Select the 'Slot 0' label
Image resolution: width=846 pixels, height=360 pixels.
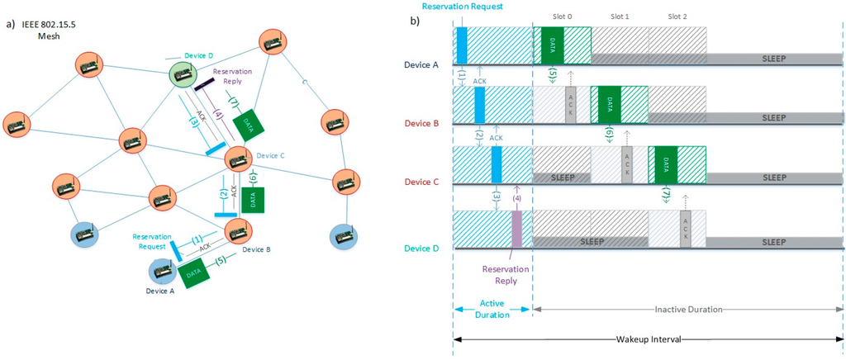coord(563,17)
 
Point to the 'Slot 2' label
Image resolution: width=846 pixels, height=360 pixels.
coord(677,17)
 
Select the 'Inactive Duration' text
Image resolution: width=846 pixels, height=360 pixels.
coord(689,309)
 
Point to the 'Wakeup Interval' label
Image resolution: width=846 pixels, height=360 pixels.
coord(648,339)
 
